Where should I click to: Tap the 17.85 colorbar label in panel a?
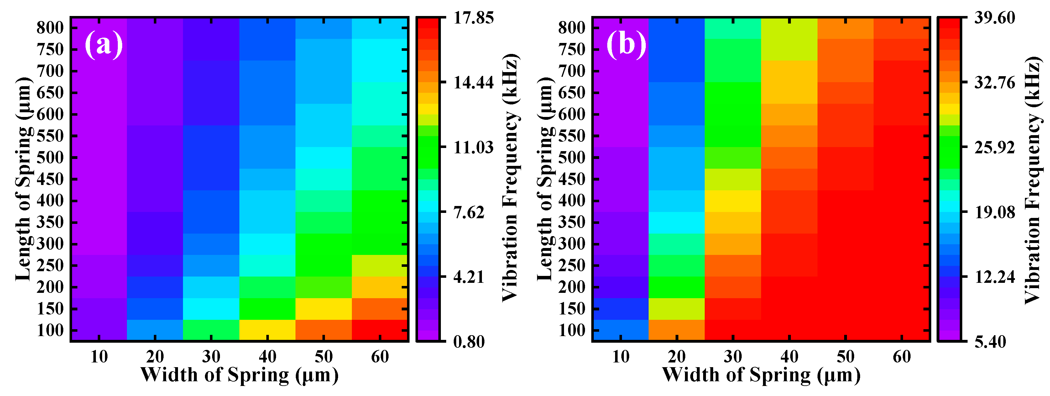[473, 18]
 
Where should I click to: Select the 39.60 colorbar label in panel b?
[995, 18]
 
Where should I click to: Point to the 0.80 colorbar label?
[469, 342]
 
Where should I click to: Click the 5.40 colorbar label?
[990, 342]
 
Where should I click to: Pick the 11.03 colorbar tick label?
[473, 147]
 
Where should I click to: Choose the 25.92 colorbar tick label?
[995, 147]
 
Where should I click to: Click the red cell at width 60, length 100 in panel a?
[379, 330]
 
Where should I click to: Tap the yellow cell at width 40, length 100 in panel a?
[267, 330]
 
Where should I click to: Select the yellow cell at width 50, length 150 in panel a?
[323, 309]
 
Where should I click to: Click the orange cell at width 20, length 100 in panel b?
[676, 330]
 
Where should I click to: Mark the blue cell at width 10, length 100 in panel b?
[620, 330]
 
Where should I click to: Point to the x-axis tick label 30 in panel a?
[211, 357]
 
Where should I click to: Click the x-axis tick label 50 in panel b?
[845, 357]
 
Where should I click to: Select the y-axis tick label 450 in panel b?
[572, 179]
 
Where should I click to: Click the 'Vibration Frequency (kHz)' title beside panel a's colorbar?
[509, 179]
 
